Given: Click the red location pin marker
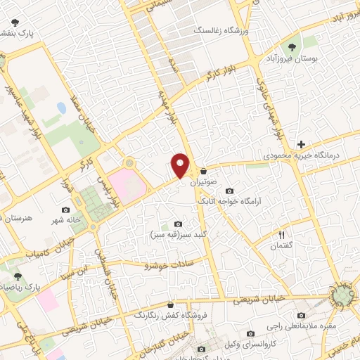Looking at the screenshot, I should pyautogui.click(x=181, y=166).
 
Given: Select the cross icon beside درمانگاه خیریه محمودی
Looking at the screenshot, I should pyautogui.click(x=302, y=143).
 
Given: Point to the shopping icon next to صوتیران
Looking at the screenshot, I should pyautogui.click(x=204, y=171).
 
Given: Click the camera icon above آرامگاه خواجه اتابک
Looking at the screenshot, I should pyautogui.click(x=229, y=191).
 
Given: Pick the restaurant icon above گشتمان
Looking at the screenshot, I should pyautogui.click(x=282, y=236).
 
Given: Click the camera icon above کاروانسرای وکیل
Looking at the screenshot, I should pyautogui.click(x=250, y=334).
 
